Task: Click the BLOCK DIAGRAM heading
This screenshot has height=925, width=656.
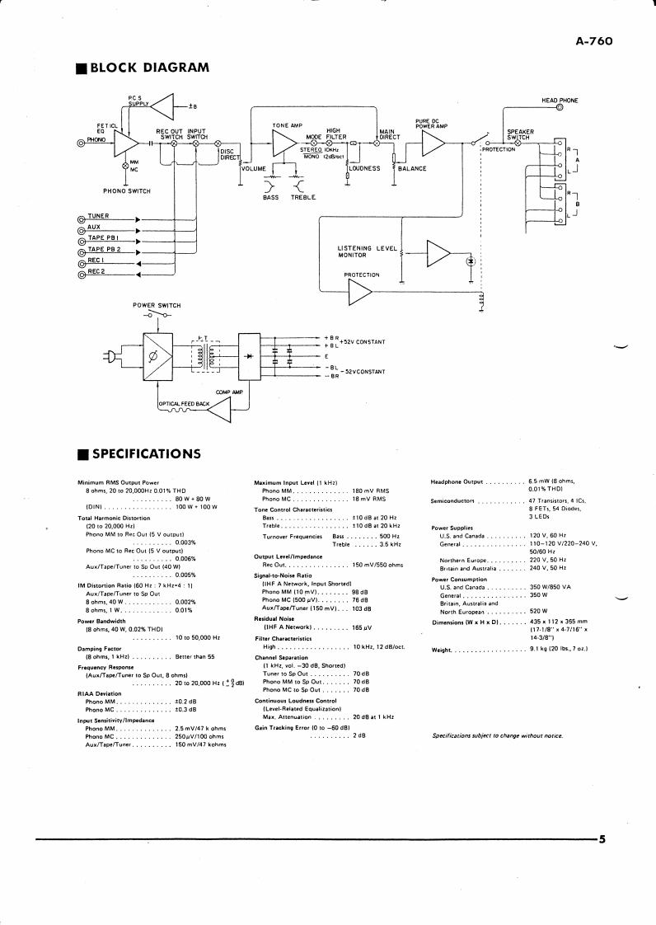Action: (x=150, y=67)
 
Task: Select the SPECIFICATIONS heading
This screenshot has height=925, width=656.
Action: (x=145, y=453)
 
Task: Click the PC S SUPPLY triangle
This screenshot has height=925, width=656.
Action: (x=164, y=106)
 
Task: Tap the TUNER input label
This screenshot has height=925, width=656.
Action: (x=98, y=216)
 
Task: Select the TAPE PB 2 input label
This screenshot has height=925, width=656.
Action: (x=104, y=249)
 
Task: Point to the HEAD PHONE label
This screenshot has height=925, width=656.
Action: (x=560, y=101)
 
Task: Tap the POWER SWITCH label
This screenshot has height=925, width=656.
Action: (x=157, y=305)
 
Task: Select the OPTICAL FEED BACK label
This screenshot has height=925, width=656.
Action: (x=184, y=403)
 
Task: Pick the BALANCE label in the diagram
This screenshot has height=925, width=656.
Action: (x=412, y=168)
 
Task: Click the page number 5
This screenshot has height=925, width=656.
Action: (x=602, y=840)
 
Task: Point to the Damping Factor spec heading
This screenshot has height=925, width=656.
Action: (x=100, y=649)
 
